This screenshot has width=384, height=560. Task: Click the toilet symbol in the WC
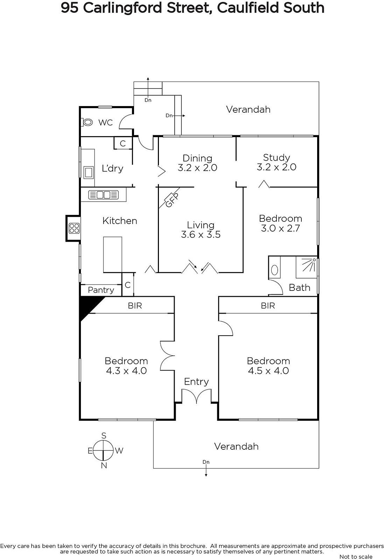[87, 122]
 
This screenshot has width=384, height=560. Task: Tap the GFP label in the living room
[172, 200]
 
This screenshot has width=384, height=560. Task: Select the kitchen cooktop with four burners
[74, 228]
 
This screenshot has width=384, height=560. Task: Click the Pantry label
[101, 290]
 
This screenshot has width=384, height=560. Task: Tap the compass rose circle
[104, 450]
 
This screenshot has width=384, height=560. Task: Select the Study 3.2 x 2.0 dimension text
[277, 167]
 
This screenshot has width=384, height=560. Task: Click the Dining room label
[197, 158]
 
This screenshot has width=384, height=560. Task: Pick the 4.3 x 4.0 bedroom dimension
[126, 371]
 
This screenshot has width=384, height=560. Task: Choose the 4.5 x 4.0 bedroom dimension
[268, 371]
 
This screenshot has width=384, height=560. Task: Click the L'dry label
[112, 168]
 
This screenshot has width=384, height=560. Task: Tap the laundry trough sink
[89, 173]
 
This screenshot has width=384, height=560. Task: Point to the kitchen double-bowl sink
[104, 195]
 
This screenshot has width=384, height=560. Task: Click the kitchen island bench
[112, 254]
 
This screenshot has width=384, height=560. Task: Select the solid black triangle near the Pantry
[88, 304]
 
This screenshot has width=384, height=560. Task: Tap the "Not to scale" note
[356, 556]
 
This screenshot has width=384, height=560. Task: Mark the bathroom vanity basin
[275, 270]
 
